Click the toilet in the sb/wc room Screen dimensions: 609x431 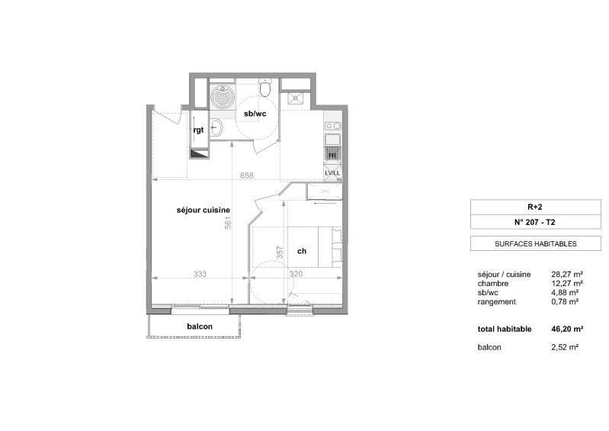[265, 88]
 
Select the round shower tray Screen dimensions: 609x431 [223, 97]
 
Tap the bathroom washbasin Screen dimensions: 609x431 [216, 127]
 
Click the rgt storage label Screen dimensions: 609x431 [198, 130]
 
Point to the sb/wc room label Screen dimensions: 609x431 [255, 114]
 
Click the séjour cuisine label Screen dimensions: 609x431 [204, 211]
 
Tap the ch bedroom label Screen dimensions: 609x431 [302, 252]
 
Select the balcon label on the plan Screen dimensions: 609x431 [200, 326]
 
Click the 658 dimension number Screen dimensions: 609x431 [247, 175]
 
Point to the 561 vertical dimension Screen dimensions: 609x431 [228, 223]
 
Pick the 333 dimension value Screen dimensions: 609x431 [200, 274]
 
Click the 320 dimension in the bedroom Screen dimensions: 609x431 [296, 274]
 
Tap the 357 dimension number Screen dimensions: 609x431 [280, 252]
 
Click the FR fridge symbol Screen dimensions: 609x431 [332, 154]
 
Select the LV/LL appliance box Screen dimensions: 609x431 [332, 172]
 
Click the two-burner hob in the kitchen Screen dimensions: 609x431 [333, 126]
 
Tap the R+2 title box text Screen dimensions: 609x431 [535, 207]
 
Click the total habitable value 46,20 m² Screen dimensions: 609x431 [567, 330]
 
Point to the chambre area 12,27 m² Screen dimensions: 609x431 [567, 283]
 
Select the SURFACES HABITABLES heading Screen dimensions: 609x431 [536, 244]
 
